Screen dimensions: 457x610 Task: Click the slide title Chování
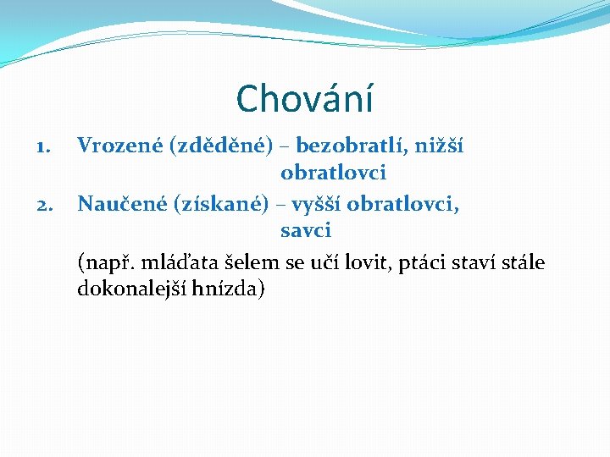click(305, 98)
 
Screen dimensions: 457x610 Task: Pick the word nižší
click(441, 146)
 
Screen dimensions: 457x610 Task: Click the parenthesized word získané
click(221, 204)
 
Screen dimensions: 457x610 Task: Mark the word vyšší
click(319, 204)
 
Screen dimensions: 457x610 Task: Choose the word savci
click(306, 229)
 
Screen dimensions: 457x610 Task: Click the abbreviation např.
click(104, 262)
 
